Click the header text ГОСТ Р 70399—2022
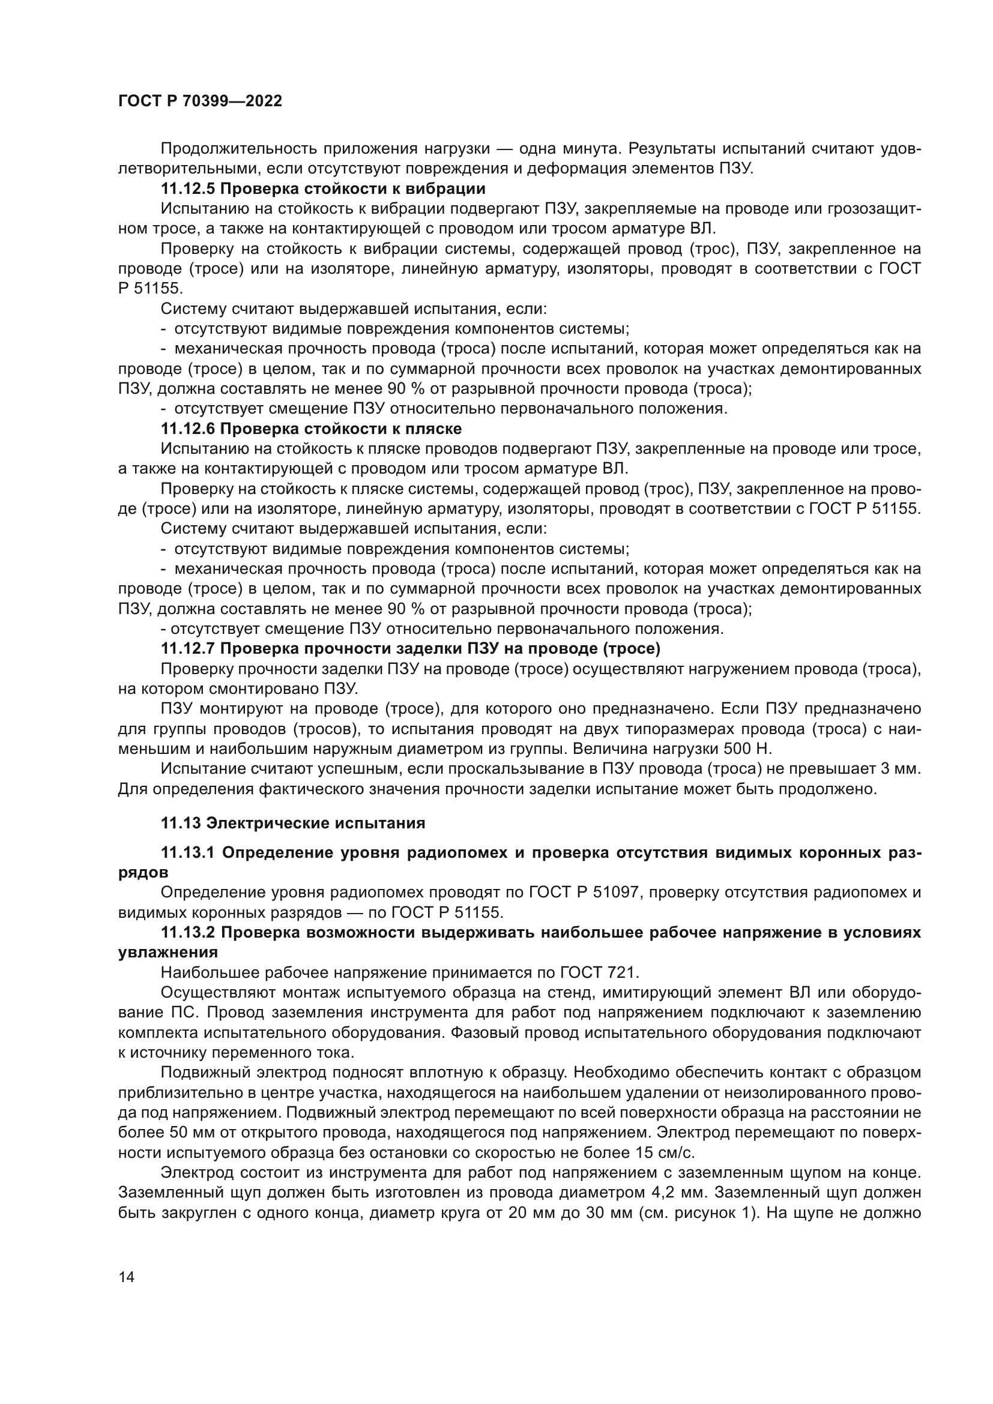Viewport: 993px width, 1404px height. coord(200,101)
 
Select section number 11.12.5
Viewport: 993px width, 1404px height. coord(187,188)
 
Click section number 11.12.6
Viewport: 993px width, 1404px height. coord(187,429)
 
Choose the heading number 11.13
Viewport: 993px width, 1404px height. coord(181,824)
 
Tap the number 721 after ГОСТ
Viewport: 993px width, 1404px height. coord(627,973)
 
